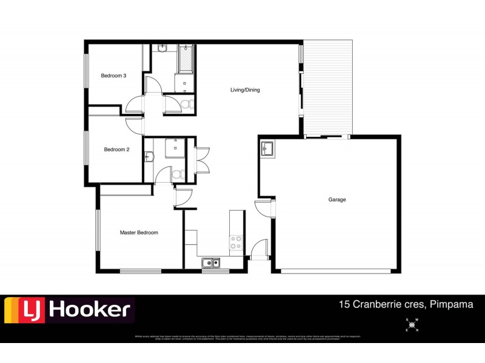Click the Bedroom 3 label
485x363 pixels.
(x=113, y=76)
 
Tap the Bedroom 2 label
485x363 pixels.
(x=116, y=149)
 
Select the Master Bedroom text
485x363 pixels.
(x=139, y=232)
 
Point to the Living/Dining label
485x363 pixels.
(x=245, y=90)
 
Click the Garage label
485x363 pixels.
(x=337, y=199)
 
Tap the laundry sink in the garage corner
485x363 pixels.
(x=268, y=148)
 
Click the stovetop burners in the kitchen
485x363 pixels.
(x=236, y=243)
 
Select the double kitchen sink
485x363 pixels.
(x=210, y=263)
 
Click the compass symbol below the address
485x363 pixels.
(x=412, y=325)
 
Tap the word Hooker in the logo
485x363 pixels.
(x=89, y=310)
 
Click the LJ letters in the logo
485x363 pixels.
(x=25, y=310)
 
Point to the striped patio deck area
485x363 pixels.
(x=327, y=88)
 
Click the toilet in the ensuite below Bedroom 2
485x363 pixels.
(x=177, y=174)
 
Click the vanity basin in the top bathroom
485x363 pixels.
(x=162, y=48)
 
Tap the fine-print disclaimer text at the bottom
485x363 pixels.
(x=242, y=338)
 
